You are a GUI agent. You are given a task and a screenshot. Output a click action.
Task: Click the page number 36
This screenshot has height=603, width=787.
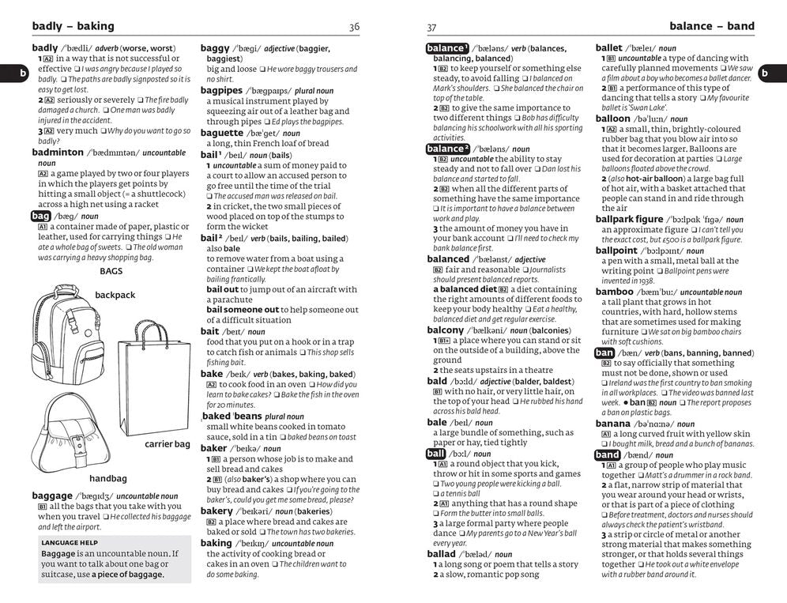(x=354, y=27)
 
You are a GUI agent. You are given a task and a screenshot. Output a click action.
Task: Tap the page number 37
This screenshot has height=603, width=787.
(x=431, y=27)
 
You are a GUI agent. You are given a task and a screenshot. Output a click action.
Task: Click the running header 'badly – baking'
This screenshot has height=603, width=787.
(x=73, y=26)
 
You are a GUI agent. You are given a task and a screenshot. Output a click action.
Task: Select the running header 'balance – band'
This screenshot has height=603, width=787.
(x=711, y=26)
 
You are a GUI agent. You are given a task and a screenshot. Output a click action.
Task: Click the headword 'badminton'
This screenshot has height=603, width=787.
(x=58, y=152)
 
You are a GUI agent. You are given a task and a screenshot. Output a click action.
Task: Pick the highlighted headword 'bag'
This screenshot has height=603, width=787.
(x=40, y=215)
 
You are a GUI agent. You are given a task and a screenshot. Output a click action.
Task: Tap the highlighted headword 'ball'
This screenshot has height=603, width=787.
(x=435, y=454)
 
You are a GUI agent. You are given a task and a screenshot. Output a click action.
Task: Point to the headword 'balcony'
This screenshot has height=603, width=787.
(x=445, y=330)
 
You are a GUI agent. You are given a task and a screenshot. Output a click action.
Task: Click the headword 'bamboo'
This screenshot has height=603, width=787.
(x=614, y=292)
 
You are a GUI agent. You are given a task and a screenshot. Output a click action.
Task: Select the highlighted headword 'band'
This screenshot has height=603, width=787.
(x=607, y=455)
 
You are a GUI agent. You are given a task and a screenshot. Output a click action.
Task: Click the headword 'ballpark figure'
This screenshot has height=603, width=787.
(x=629, y=219)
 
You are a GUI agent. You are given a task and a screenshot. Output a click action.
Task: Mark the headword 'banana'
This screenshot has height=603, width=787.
(x=613, y=424)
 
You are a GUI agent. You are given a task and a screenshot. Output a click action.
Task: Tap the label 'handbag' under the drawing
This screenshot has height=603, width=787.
(x=108, y=479)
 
